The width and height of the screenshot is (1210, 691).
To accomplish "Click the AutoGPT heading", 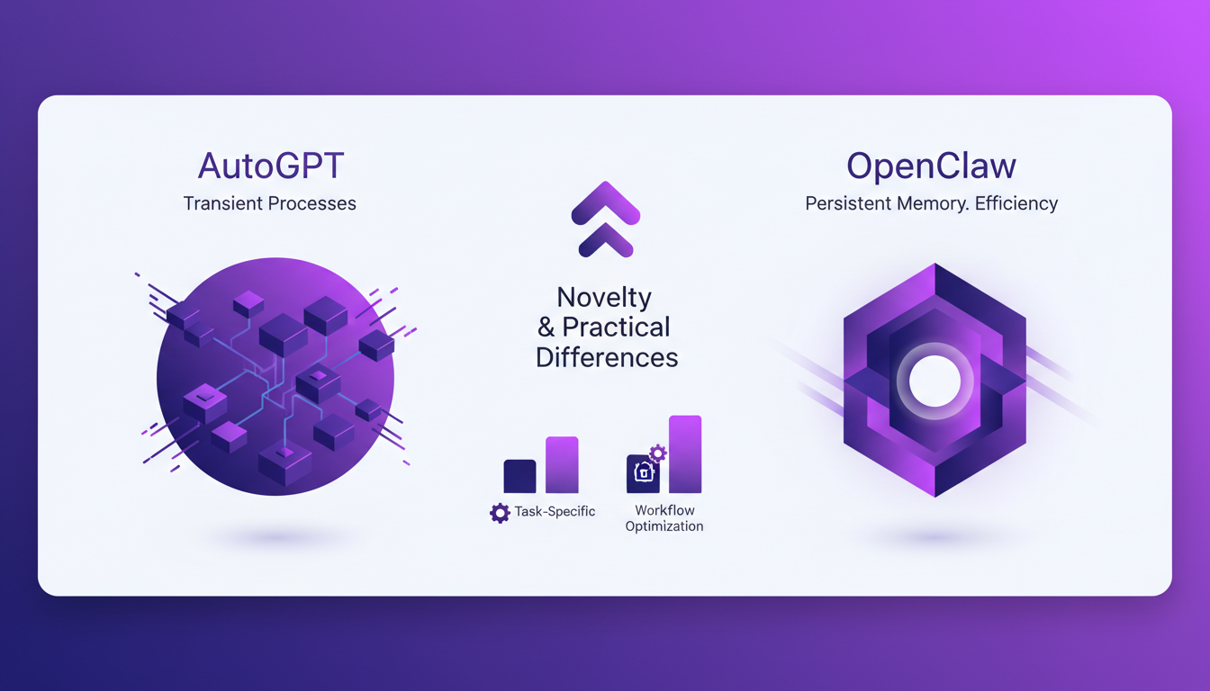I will (x=270, y=166).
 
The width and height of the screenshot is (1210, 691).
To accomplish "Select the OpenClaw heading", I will (x=931, y=166).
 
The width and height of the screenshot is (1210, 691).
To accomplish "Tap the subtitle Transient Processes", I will (x=270, y=204).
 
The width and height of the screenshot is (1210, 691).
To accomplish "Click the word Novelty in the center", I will (x=604, y=297).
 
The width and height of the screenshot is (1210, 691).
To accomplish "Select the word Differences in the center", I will (x=607, y=357).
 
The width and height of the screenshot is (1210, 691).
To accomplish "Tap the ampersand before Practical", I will (x=546, y=328).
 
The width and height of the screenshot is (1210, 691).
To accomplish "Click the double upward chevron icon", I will (x=605, y=218).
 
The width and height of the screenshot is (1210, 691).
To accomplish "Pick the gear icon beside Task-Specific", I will (x=500, y=513).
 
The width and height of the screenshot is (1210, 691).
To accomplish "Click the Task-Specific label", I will (x=555, y=512).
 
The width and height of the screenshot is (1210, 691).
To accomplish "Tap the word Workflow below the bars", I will (x=664, y=510).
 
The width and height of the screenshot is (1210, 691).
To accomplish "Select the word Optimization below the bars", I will (x=664, y=526).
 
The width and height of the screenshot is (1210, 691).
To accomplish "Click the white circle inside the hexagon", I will (x=935, y=381).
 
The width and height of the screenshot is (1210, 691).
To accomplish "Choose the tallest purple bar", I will (x=685, y=454).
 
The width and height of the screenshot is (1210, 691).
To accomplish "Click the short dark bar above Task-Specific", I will (x=519, y=476).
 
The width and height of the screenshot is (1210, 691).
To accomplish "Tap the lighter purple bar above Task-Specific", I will (x=562, y=465).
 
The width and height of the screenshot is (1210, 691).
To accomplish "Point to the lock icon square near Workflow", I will (x=643, y=474).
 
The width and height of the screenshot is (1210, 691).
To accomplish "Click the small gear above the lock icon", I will (x=658, y=453).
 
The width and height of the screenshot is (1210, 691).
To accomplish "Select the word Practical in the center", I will (x=618, y=328).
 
